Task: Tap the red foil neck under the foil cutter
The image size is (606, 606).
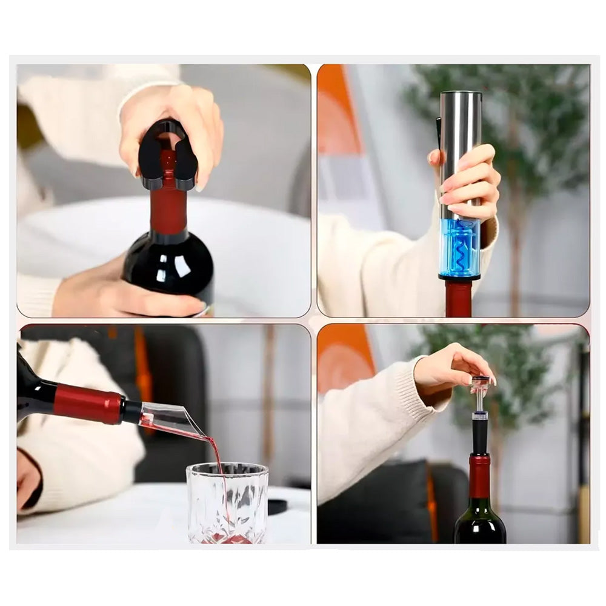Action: [x=168, y=206]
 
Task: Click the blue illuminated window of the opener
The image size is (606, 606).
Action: [x=459, y=248]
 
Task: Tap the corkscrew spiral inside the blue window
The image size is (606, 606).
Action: [x=461, y=248]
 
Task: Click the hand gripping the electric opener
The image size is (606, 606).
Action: [x=470, y=182]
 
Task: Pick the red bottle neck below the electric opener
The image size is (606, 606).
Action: [x=459, y=298]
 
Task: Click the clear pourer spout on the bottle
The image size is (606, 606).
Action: [x=167, y=418]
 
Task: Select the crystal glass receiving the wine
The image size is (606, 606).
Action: [x=227, y=503]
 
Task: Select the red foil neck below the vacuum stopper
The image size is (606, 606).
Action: [x=480, y=476]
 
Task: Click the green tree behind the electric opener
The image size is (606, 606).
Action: [x=527, y=121]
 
